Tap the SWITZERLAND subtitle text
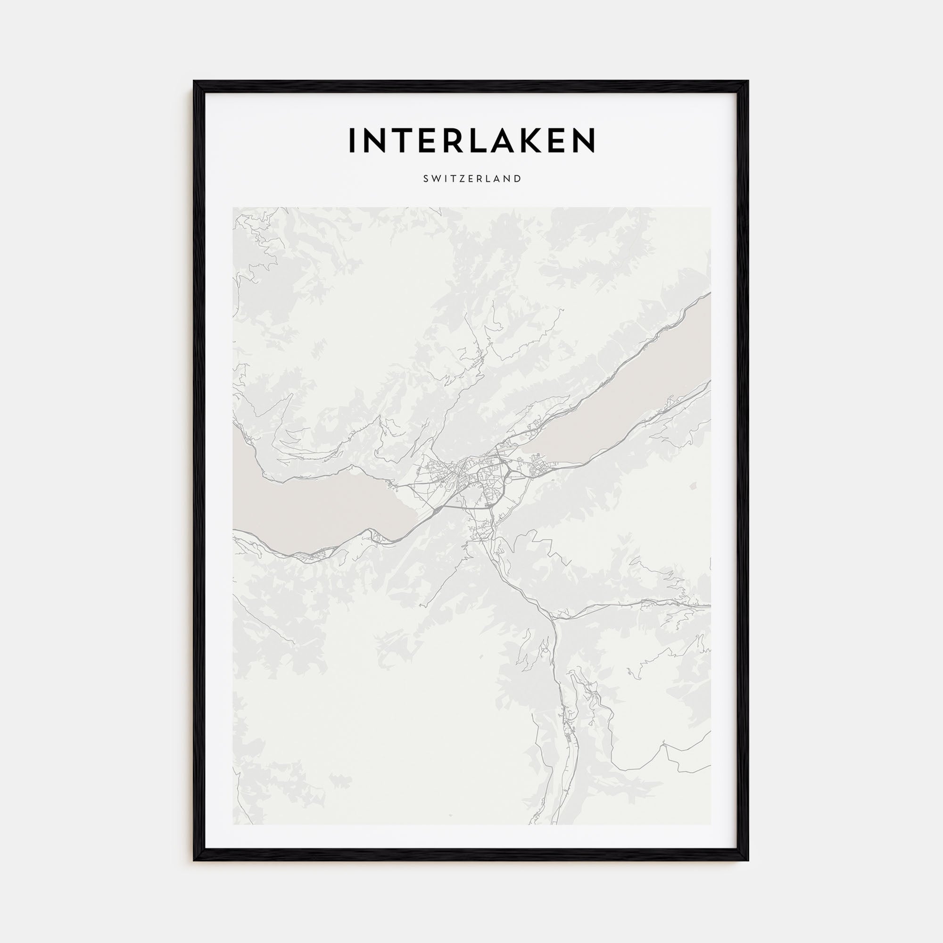[x=472, y=179]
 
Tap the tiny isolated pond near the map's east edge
[x=693, y=486]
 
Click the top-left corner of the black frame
[x=194, y=82]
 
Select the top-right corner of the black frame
[x=748, y=82]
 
